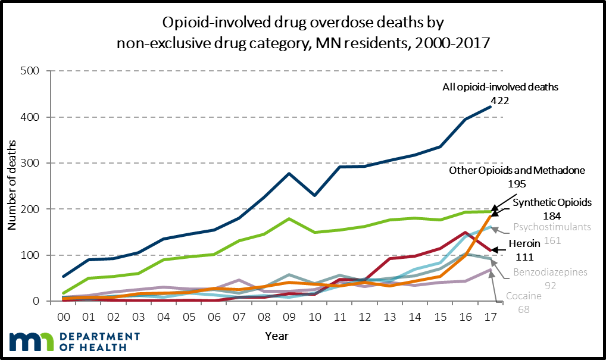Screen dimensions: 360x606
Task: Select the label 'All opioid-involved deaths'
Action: (x=500, y=87)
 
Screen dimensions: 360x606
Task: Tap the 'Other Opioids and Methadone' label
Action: (x=517, y=170)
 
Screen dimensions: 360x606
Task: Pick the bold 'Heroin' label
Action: (x=524, y=243)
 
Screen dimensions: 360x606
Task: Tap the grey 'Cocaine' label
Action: (x=524, y=296)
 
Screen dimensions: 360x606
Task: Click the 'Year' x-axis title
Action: (x=276, y=336)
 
